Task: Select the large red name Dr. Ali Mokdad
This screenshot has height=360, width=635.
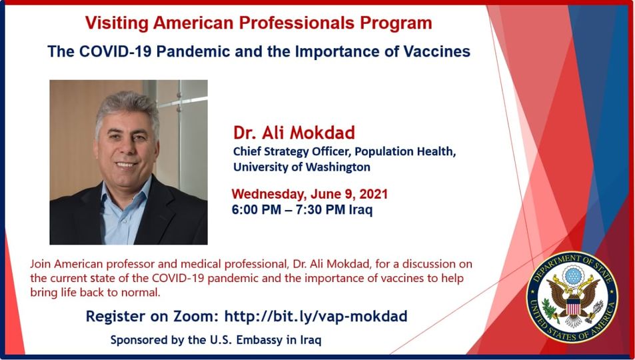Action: tap(294, 133)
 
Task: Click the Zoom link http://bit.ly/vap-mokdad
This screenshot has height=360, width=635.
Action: tap(316, 316)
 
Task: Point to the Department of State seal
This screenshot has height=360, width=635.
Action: tap(572, 297)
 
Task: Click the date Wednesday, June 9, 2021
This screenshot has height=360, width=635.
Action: tap(310, 194)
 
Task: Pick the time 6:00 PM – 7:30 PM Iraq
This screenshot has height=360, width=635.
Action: tap(302, 209)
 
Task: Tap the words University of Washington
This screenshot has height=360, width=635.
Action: tap(302, 167)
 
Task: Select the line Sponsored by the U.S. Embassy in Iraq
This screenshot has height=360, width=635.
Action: tap(216, 340)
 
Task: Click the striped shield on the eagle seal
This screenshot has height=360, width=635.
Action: tap(572, 306)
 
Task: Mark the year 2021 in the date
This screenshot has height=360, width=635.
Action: tap(373, 194)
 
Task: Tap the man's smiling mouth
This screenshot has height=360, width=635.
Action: tap(125, 165)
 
